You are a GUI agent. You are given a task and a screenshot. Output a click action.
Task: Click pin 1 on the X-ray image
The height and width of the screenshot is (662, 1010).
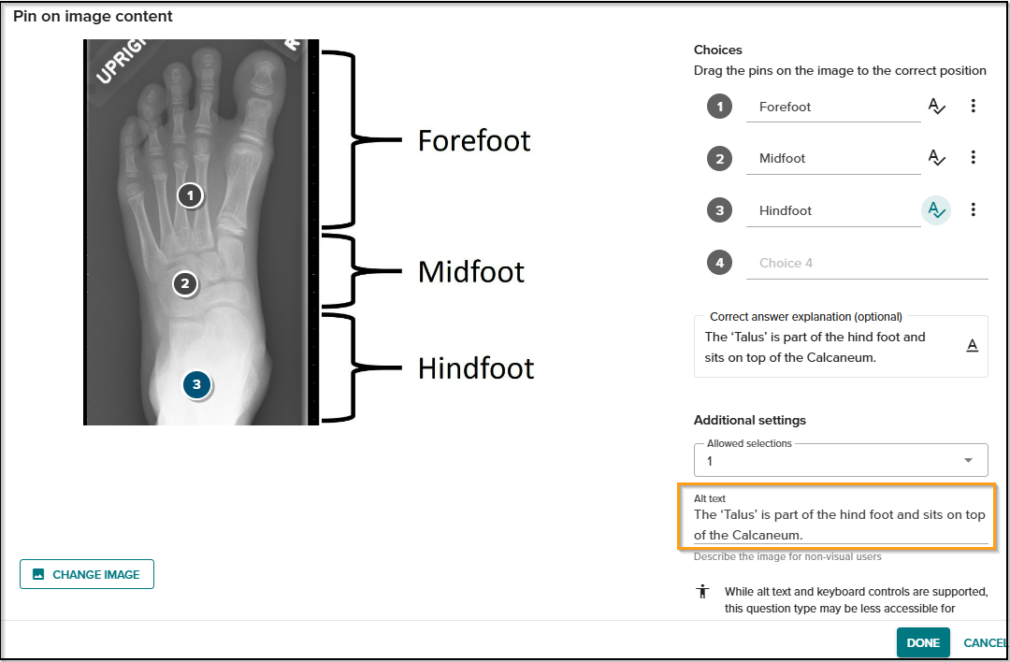click(190, 195)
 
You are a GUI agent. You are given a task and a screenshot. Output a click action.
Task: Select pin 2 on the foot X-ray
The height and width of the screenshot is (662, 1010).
click(185, 283)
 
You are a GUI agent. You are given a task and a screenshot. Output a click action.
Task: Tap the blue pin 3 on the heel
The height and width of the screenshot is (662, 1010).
click(197, 385)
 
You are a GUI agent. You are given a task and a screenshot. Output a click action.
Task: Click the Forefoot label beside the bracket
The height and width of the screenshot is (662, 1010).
click(474, 140)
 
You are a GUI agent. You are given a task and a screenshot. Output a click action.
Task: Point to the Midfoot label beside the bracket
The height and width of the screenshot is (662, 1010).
click(470, 272)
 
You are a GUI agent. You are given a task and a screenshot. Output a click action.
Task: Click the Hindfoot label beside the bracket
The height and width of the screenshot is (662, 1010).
click(476, 368)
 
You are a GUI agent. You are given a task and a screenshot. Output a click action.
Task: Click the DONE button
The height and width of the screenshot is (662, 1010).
click(923, 642)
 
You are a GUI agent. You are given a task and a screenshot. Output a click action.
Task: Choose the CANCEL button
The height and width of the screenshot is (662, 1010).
click(985, 642)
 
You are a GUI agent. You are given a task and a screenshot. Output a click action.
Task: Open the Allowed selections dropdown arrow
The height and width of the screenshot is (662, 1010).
click(968, 460)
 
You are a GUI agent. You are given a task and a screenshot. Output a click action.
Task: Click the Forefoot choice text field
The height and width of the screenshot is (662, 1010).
click(833, 107)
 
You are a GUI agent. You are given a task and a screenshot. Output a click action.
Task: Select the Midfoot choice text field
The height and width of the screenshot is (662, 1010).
click(833, 158)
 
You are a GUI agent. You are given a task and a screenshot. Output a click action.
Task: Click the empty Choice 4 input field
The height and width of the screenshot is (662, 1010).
click(867, 263)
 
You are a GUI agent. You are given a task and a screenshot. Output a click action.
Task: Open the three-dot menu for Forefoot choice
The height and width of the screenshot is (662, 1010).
click(974, 106)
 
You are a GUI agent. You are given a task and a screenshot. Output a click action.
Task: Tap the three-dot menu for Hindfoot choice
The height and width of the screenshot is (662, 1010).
click(974, 209)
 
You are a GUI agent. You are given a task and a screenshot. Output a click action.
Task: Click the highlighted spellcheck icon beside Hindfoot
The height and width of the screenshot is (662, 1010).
click(936, 210)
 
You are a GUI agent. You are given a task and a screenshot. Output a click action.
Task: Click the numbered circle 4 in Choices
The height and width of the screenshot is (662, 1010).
click(719, 263)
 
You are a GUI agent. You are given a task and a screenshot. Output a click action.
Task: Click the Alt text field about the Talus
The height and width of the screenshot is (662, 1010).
click(840, 525)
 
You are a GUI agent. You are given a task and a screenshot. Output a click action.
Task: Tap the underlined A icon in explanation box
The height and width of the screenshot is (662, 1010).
click(973, 346)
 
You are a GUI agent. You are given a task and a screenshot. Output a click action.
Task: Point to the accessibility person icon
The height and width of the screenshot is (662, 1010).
click(702, 591)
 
